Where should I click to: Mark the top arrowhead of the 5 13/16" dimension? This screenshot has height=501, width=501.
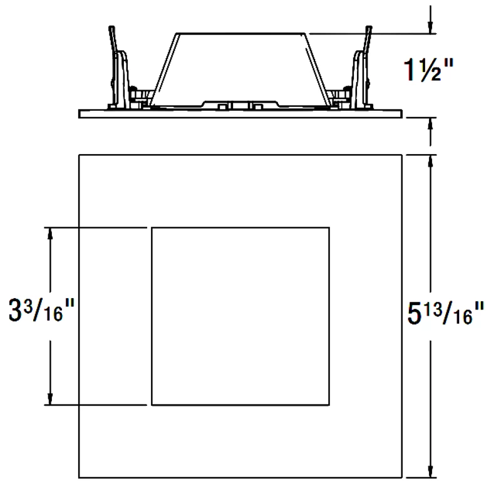(430, 160)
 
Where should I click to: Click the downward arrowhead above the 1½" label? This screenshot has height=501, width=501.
(430, 28)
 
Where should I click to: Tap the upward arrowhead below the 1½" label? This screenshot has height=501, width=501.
(430, 123)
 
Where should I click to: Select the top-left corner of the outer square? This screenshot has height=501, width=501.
(79, 154)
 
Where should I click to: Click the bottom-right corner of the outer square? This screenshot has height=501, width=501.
(401, 478)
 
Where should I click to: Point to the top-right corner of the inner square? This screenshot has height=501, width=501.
(329, 228)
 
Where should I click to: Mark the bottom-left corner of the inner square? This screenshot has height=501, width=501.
(152, 405)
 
